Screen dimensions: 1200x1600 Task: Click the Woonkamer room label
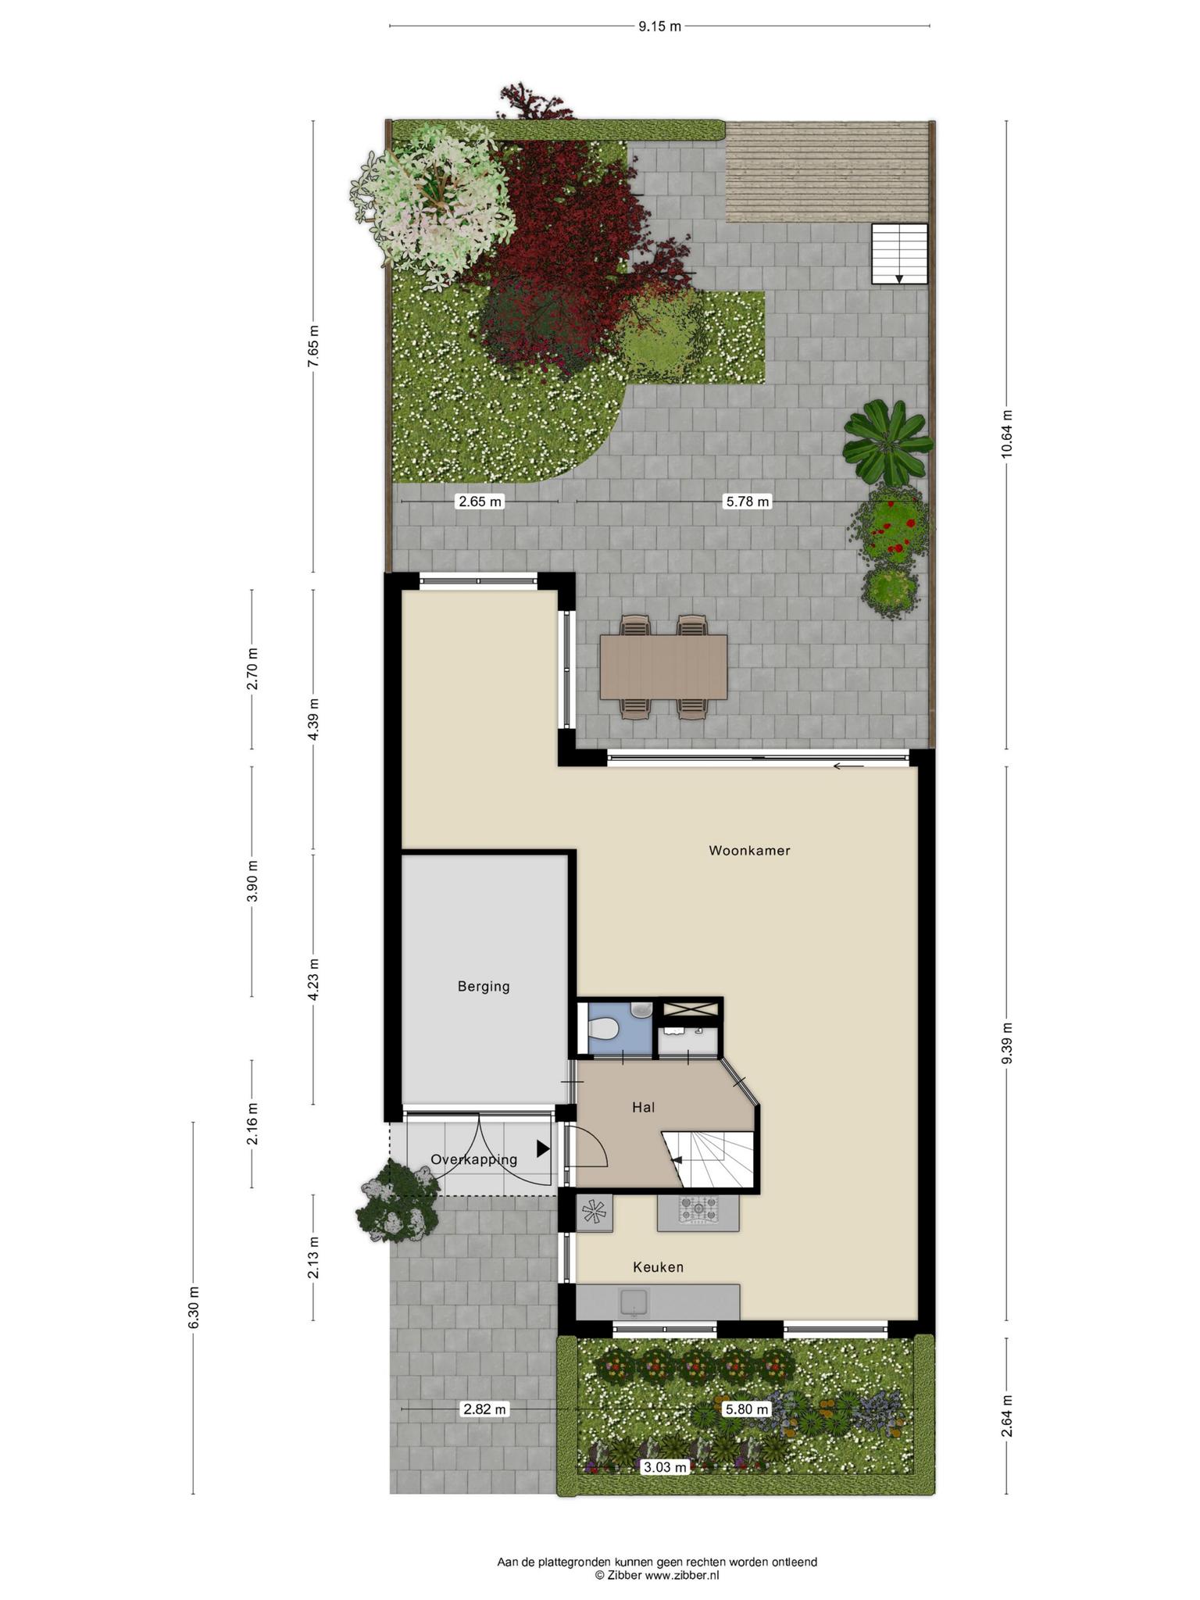[x=749, y=851]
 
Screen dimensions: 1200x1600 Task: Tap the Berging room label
[x=484, y=987]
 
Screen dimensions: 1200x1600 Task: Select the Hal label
[x=644, y=1107]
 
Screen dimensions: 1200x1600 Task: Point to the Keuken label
[x=658, y=1267]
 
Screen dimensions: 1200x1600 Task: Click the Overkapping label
[x=474, y=1160]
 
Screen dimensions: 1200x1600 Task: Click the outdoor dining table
[x=664, y=666]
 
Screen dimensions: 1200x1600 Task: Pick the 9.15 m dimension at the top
[x=659, y=26]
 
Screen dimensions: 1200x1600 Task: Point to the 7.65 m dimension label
[x=313, y=345]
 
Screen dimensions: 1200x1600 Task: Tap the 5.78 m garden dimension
[x=748, y=502]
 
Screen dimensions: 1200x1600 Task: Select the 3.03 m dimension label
[x=664, y=1467]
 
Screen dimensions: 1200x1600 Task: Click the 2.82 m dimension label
[x=484, y=1409]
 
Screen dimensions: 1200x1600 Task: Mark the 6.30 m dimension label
[x=194, y=1308]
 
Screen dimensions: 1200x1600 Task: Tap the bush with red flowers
[x=891, y=521]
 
